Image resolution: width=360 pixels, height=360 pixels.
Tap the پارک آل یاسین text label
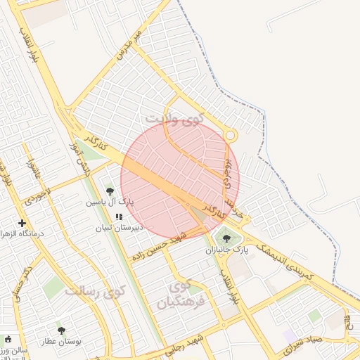[x=110, y=202]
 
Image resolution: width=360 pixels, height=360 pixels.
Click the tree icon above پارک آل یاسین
[x=110, y=191]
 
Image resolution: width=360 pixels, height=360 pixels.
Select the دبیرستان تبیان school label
[x=119, y=228]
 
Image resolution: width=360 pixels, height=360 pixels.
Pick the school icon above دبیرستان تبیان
[x=118, y=217]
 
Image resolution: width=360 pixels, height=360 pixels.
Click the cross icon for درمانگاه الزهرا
[x=22, y=223]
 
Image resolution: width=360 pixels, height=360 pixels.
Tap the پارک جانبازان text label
[x=227, y=250]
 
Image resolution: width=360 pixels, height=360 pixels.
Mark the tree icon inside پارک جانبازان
[x=226, y=239]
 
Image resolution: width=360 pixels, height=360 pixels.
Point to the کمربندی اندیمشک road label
[x=282, y=259]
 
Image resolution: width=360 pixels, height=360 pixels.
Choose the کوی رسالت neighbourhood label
[x=94, y=290]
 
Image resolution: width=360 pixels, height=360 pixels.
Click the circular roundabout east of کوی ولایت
[x=230, y=135]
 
